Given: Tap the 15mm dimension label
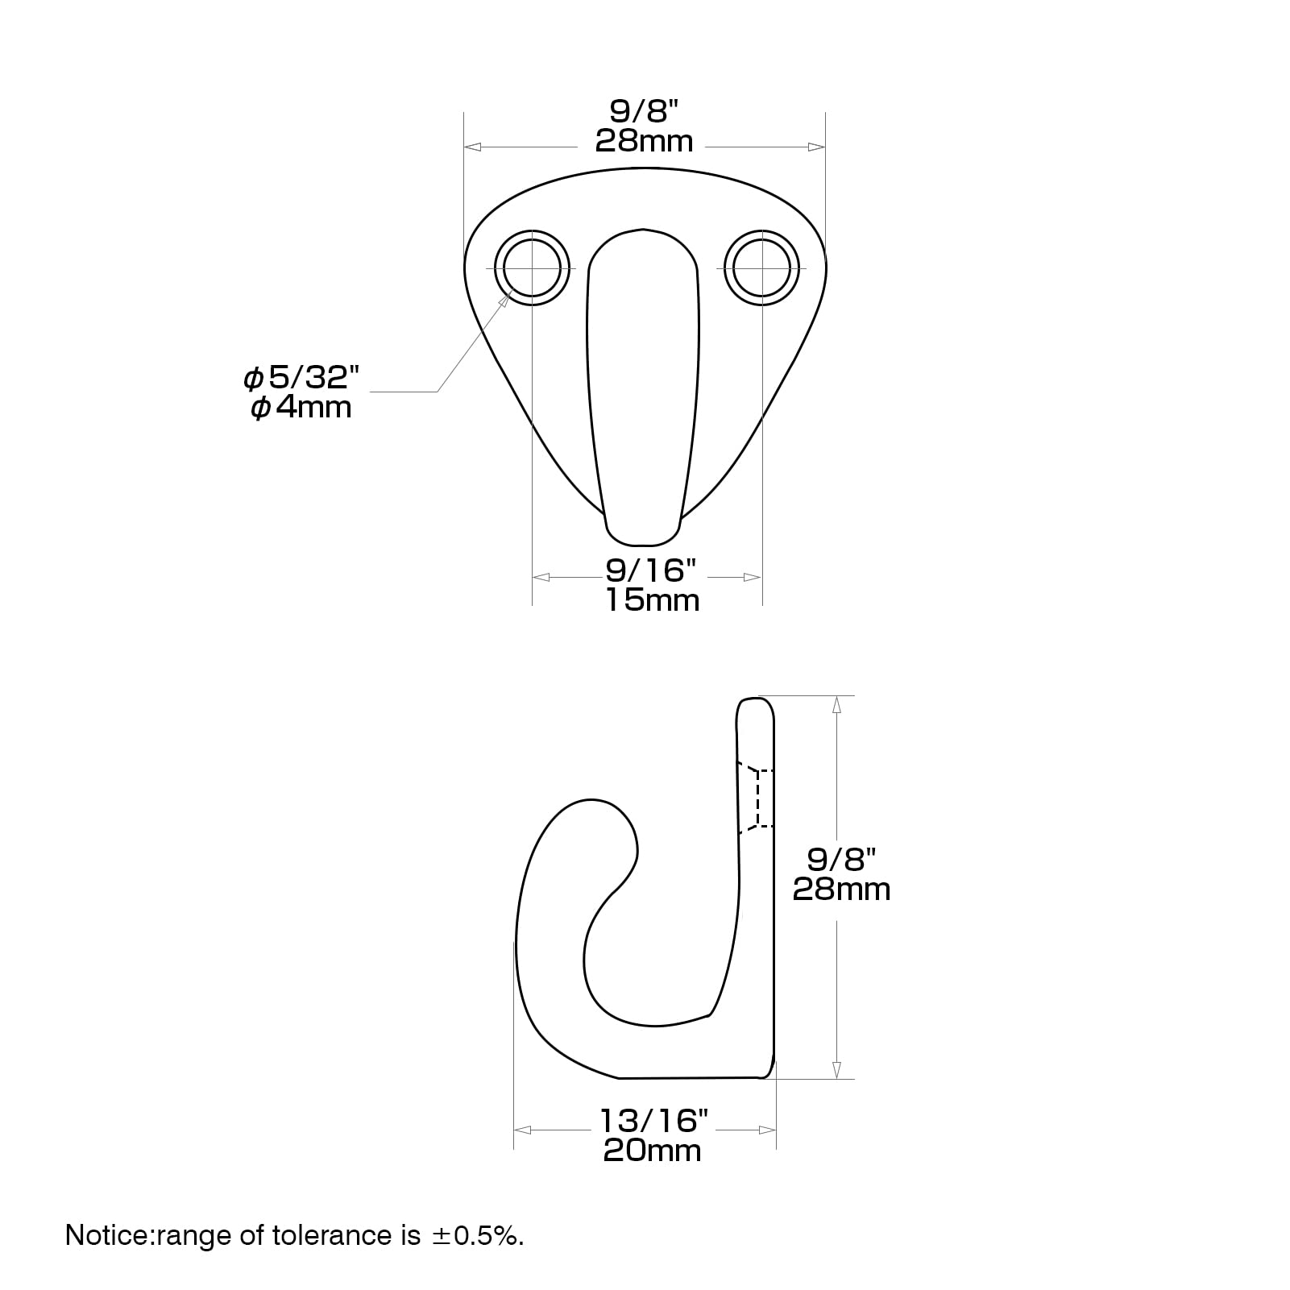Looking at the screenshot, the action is [x=653, y=600].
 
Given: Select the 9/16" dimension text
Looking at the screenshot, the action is [x=650, y=570].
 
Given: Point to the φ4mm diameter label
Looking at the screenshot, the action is [x=301, y=408].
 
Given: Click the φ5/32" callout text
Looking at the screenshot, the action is [x=301, y=377].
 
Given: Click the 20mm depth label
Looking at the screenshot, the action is [x=653, y=1150].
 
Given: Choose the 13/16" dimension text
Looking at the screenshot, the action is [x=653, y=1120].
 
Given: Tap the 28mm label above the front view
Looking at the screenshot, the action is [x=645, y=141].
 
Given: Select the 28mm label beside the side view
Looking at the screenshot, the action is [x=842, y=890].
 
